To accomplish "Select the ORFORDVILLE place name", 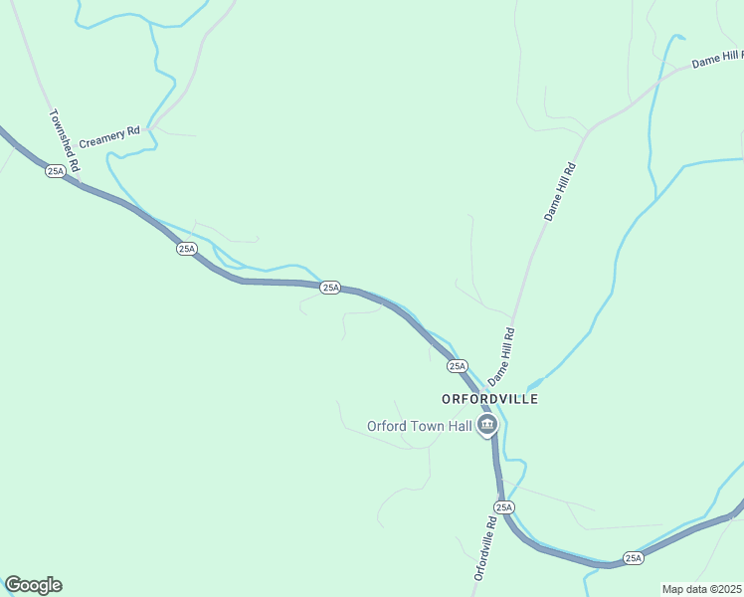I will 490,399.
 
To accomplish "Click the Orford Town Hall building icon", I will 487,427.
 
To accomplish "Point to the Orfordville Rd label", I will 484,548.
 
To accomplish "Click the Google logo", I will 33,585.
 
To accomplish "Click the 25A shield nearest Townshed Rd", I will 55,171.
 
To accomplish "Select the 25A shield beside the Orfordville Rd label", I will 504,507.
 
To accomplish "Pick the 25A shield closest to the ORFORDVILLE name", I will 458,366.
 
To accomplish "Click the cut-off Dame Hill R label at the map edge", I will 717,61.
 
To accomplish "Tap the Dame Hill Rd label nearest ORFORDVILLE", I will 501,356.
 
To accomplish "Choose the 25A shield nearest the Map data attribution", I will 634,558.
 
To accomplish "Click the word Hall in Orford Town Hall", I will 456,426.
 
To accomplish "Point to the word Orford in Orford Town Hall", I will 387,426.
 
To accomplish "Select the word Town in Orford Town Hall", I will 425,426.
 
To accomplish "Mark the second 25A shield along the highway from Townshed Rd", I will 187,248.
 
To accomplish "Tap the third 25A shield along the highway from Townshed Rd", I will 331,288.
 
